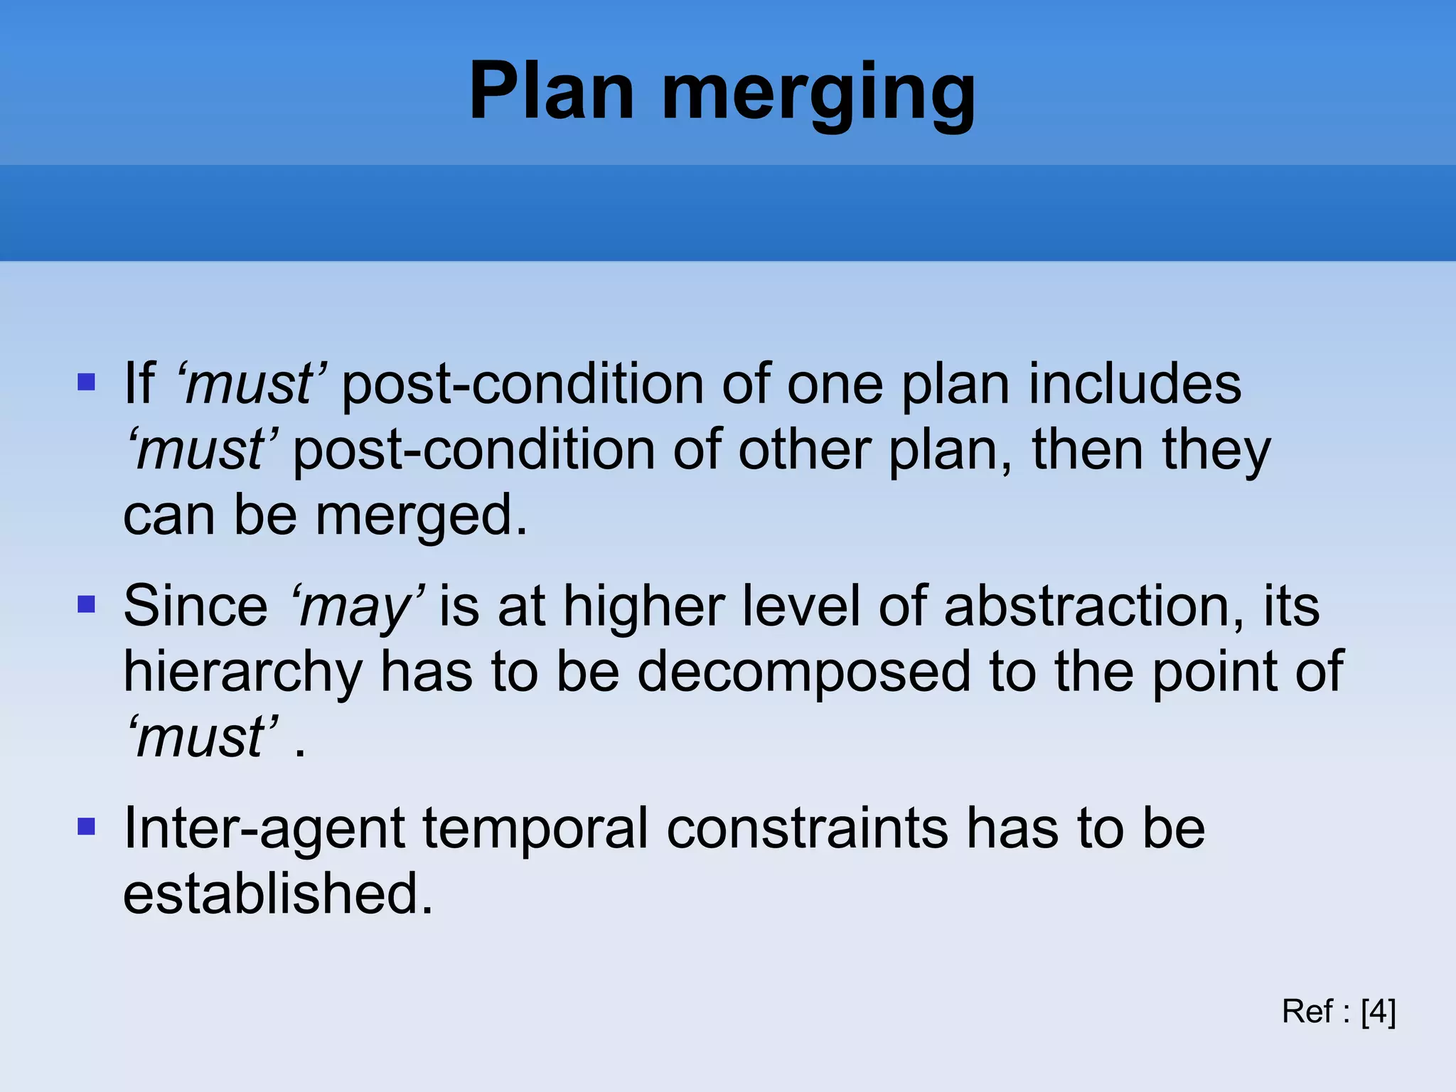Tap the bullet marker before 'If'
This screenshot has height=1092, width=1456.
86,383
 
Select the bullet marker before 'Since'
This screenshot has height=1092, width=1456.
86,605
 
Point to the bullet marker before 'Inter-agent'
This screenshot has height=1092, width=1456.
86,827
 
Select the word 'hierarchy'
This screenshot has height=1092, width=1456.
242,673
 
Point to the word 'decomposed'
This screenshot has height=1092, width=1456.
803,672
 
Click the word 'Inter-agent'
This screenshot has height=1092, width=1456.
264,828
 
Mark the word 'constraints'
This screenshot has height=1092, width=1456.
807,828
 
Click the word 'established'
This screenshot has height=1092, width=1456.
277,894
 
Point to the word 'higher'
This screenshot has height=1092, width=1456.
643,608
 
